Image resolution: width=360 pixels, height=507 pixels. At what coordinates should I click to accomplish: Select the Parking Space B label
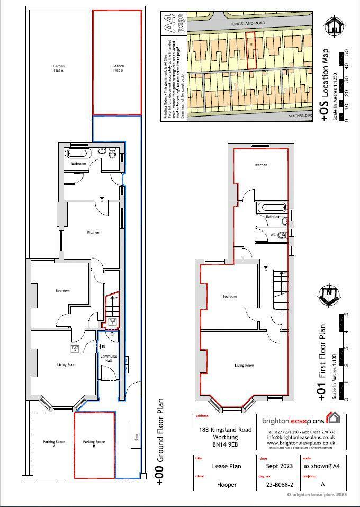click(x=94, y=444)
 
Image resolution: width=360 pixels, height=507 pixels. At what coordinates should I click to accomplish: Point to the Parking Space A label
click(x=53, y=444)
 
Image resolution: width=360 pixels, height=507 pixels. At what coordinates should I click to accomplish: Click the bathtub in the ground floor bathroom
click(x=79, y=154)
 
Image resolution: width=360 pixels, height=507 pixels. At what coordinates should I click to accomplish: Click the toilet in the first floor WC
click(x=282, y=234)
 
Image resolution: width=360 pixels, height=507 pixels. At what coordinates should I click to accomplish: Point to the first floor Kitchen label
click(x=261, y=165)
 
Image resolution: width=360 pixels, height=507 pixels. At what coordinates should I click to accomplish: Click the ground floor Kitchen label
click(x=93, y=232)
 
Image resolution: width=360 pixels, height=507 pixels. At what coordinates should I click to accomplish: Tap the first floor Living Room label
click(x=244, y=366)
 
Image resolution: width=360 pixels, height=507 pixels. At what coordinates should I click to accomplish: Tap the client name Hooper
click(x=227, y=484)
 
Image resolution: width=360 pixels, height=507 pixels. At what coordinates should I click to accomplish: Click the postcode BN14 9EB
click(x=225, y=447)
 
